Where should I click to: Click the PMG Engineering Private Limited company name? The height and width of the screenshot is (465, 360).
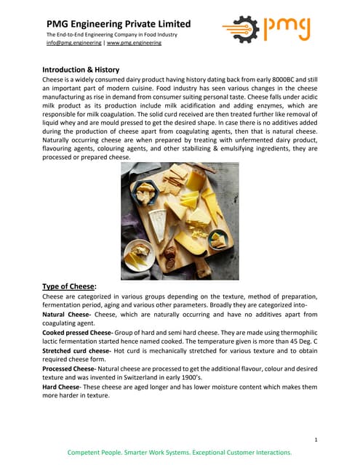coord(119,24)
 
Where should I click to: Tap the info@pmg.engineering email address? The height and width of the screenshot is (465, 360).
coord(74,44)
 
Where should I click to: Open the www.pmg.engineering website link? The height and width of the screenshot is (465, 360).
coord(135,44)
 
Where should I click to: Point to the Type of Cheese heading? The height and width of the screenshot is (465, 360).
coord(68,286)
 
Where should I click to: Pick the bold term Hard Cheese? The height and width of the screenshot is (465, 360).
coord(61,388)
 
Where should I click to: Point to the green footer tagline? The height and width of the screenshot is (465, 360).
coord(180,453)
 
